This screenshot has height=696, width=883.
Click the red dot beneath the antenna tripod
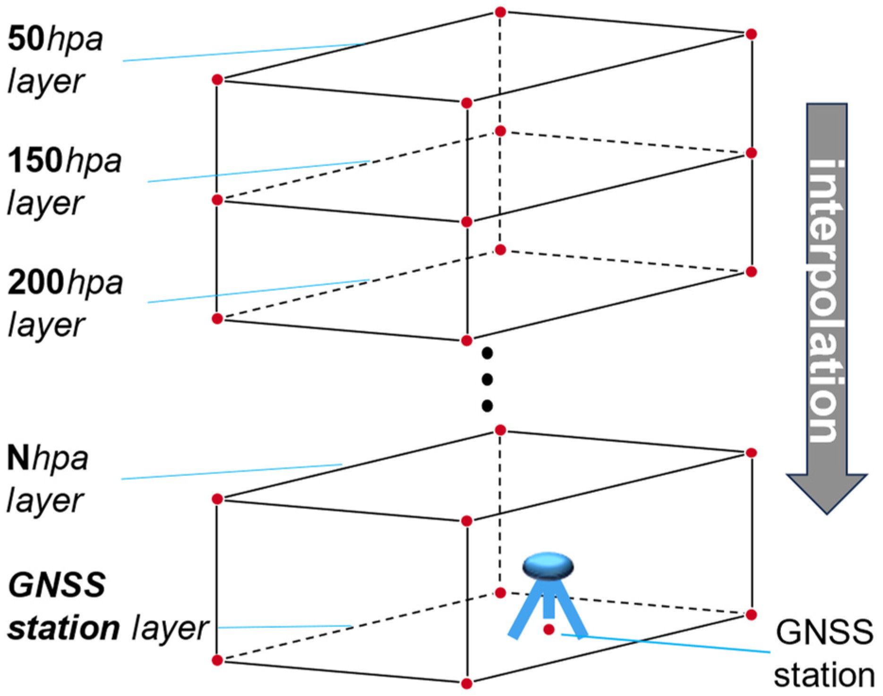pyautogui.click(x=549, y=629)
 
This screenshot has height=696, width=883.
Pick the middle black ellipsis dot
pyautogui.click(x=487, y=379)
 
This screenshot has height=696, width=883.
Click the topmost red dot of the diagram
pyautogui.click(x=500, y=12)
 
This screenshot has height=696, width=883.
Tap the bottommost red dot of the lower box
pyautogui.click(x=466, y=683)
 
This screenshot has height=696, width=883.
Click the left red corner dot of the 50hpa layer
pyautogui.click(x=217, y=80)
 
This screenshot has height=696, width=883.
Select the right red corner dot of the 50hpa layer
pyautogui.click(x=751, y=34)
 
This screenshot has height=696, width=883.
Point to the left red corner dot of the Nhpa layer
pyautogui.click(x=217, y=499)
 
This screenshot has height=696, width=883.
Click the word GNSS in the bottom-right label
pyautogui.click(x=824, y=632)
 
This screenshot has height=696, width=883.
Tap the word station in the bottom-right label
pyautogui.click(x=824, y=675)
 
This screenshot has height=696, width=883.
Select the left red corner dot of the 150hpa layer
pyautogui.click(x=217, y=200)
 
